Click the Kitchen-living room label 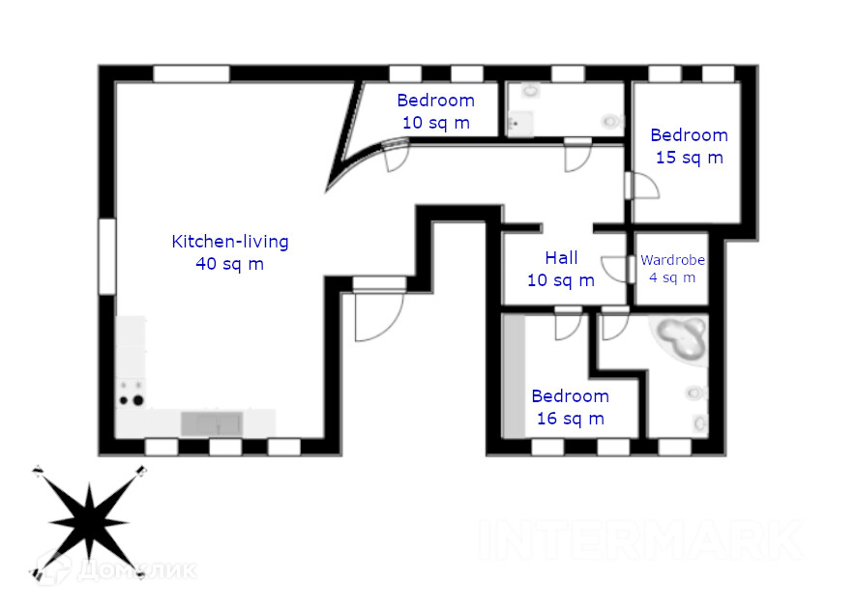click(x=229, y=242)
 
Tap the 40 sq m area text click(x=229, y=263)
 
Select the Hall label click(x=561, y=258)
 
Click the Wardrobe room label click(x=672, y=260)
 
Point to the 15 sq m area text click(x=689, y=158)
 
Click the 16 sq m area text click(x=570, y=418)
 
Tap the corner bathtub click(x=681, y=339)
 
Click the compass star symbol click(x=89, y=521)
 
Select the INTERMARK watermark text click(x=639, y=539)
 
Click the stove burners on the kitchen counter click(x=131, y=393)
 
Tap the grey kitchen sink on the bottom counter click(x=213, y=423)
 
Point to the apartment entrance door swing click(x=376, y=314)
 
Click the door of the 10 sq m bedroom click(x=397, y=154)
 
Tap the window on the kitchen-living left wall click(x=107, y=256)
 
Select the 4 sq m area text click(x=672, y=277)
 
